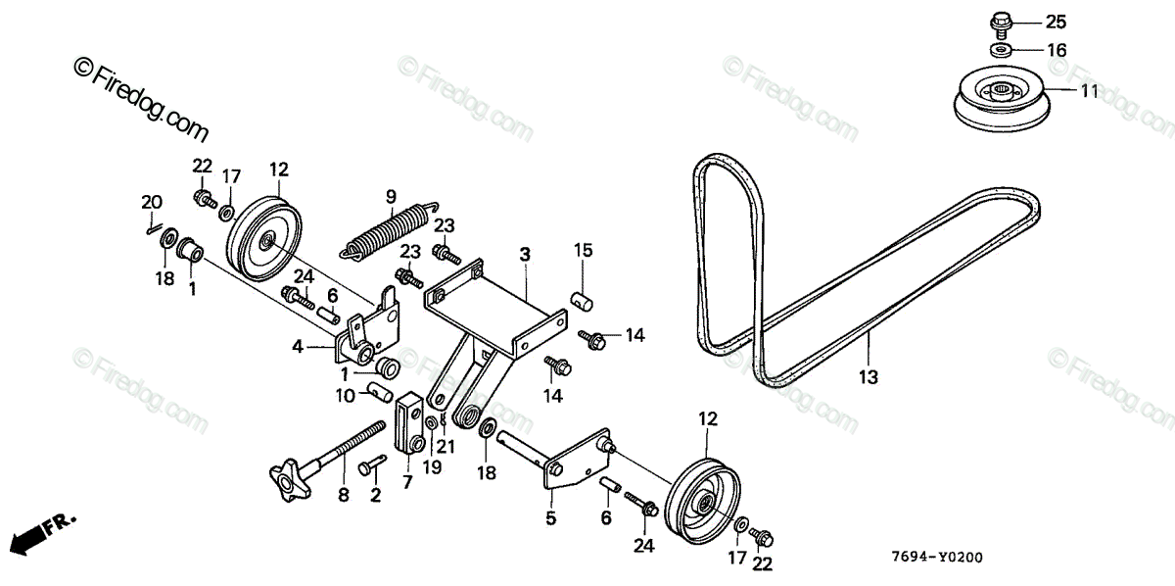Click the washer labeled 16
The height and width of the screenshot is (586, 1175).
1000,49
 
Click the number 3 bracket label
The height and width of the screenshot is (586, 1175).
525,254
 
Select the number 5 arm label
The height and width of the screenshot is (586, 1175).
550,517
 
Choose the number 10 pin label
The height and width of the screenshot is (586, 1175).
345,395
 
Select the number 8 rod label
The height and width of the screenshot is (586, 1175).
344,496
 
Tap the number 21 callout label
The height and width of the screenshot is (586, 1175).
446,446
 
